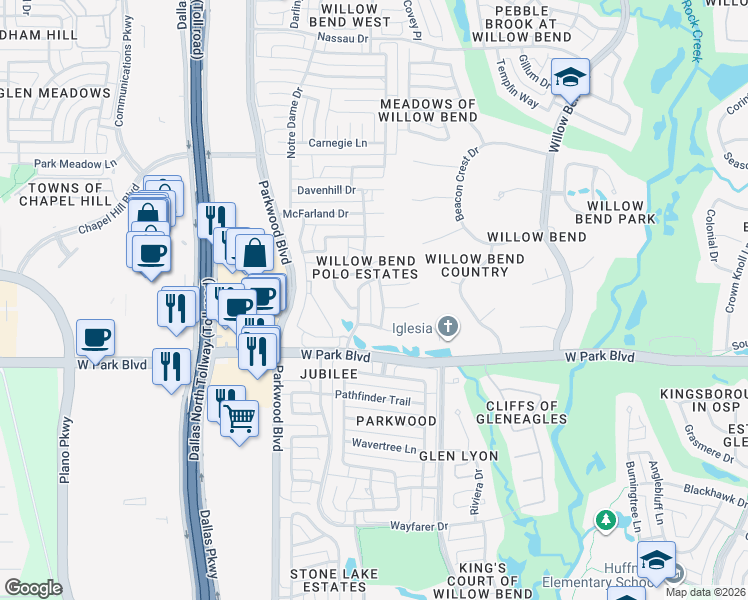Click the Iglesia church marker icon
448,326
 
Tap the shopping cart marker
240,420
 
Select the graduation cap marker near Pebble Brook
570,77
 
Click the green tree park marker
604,520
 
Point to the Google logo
33,588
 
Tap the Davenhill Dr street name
326,190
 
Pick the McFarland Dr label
315,213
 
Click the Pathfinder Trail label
373,399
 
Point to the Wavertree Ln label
382,447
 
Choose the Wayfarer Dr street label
418,525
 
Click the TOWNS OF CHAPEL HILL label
66,194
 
